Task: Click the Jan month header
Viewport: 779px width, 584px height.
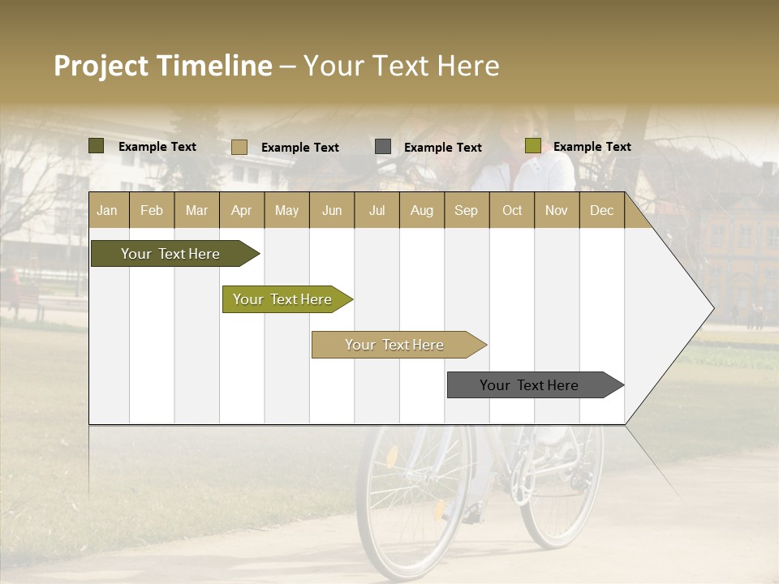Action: [107, 211]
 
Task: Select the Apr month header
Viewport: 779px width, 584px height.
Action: [242, 211]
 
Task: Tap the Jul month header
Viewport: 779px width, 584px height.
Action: [377, 211]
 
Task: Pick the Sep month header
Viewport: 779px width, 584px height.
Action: [466, 211]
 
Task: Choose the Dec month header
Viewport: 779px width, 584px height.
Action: [601, 211]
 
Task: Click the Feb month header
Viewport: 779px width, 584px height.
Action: [152, 211]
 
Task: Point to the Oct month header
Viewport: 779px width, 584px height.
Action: [512, 211]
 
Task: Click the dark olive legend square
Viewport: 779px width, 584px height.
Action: [97, 146]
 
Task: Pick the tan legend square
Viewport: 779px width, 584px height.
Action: [239, 147]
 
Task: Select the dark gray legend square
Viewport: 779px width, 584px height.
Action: [383, 147]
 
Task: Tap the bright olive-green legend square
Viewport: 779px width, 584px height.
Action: [532, 146]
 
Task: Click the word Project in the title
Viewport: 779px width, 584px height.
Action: [101, 66]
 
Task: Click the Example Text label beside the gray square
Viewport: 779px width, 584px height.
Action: [442, 148]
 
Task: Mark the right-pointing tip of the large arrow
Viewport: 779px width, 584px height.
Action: [712, 308]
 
